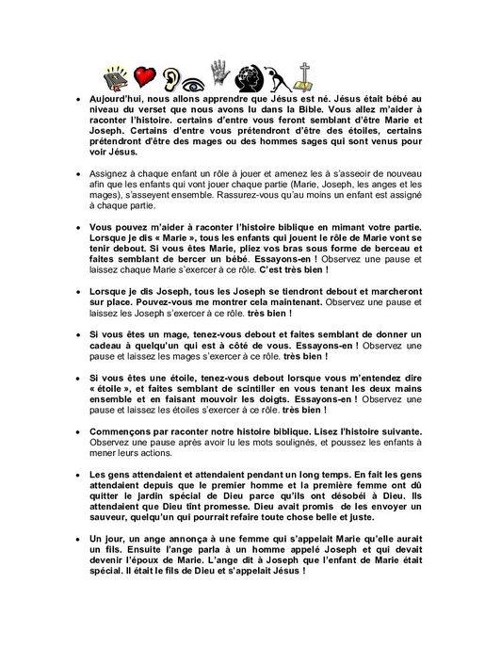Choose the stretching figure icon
coord(279,78)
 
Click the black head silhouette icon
coord(250,77)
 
